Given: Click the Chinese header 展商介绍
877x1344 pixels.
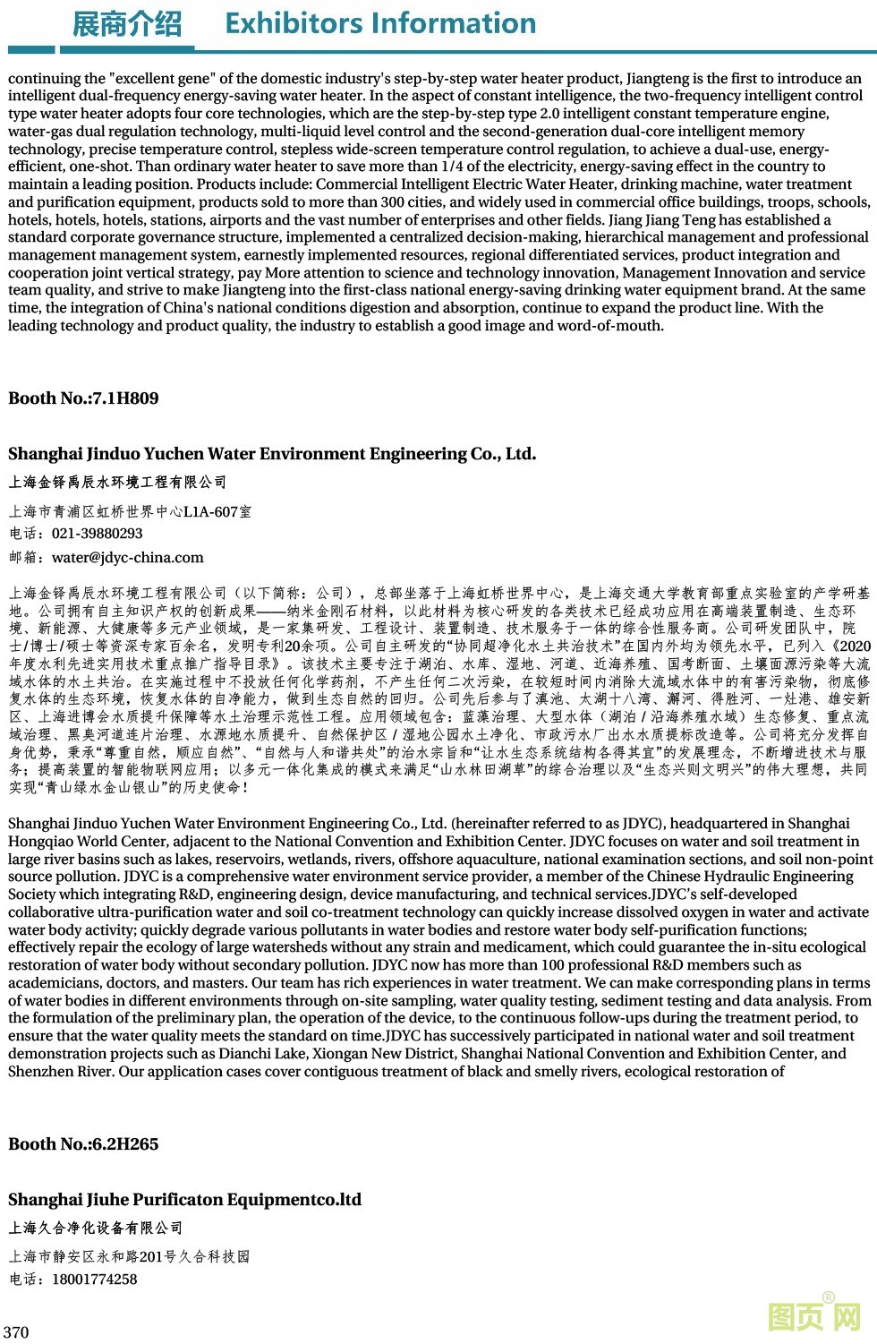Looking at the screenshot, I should (x=126, y=24).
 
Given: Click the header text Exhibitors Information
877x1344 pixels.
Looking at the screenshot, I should (x=380, y=23).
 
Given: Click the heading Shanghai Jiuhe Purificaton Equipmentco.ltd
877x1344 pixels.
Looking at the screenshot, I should (x=184, y=1200).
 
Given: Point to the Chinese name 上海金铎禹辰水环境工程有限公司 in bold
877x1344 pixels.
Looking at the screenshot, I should (x=117, y=483).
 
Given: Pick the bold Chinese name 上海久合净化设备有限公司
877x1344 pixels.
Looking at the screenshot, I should (x=96, y=1228).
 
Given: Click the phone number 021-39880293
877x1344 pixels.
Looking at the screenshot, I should (x=97, y=534).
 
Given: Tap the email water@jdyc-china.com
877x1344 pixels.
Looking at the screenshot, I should (x=127, y=558).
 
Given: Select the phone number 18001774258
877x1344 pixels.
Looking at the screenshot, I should (x=94, y=1280).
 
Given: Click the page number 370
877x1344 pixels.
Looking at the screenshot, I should (x=16, y=1332).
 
